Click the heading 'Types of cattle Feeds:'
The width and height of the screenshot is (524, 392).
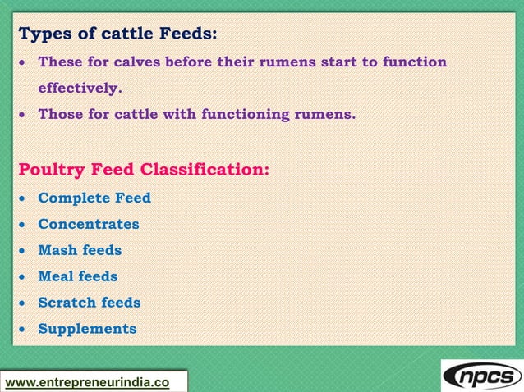coord(117,34)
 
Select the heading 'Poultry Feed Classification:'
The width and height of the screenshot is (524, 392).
coord(144,171)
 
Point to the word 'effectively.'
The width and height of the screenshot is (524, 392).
coord(80,88)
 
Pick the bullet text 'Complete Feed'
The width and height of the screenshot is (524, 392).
coord(94,198)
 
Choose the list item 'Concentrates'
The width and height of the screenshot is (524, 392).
coord(89,224)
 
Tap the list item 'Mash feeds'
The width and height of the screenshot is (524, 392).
coord(80,250)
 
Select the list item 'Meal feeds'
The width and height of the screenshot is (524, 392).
coord(78,276)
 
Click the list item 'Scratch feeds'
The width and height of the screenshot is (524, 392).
coord(90,303)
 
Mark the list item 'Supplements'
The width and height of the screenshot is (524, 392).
coord(87,329)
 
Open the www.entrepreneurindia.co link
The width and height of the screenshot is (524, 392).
coord(88,382)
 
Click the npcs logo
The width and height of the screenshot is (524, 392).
coord(481,376)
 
